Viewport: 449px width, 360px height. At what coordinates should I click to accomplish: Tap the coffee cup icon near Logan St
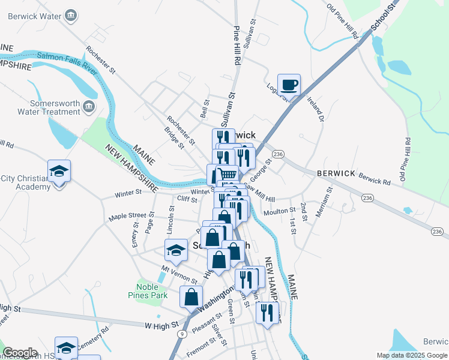point(289,85)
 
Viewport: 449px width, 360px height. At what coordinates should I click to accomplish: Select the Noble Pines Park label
point(147,291)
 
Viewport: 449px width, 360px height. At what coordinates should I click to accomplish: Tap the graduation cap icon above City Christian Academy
point(59,172)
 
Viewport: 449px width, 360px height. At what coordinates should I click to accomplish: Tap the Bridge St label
point(174,137)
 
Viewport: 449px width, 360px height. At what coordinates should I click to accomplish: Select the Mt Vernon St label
point(179,275)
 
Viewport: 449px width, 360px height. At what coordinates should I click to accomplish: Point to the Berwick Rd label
point(375,178)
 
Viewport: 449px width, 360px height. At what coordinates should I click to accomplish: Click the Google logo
point(20,353)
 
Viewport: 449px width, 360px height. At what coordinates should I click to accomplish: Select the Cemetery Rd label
point(92,337)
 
